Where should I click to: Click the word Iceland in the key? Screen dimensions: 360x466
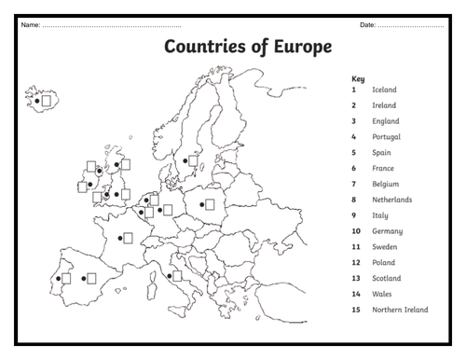point(384,90)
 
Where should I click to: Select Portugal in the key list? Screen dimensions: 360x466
point(386,137)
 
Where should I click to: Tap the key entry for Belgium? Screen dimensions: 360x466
point(385,184)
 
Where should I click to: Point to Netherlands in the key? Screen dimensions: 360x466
point(391,200)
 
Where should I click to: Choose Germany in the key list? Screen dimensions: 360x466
point(387,230)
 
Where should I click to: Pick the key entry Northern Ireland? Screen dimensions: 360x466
point(400,310)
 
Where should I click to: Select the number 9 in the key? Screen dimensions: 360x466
point(354,215)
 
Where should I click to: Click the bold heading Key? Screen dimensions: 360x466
point(358,78)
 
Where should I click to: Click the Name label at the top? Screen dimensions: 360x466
point(29,22)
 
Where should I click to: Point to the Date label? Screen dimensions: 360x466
point(368,22)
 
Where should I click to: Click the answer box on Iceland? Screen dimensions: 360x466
point(47,97)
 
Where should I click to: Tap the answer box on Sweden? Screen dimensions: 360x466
point(194,160)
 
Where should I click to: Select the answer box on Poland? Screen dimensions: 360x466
point(210,204)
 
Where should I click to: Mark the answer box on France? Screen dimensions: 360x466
point(128,238)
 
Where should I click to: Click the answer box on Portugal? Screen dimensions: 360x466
point(66,278)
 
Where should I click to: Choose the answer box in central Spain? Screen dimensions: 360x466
point(91,278)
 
